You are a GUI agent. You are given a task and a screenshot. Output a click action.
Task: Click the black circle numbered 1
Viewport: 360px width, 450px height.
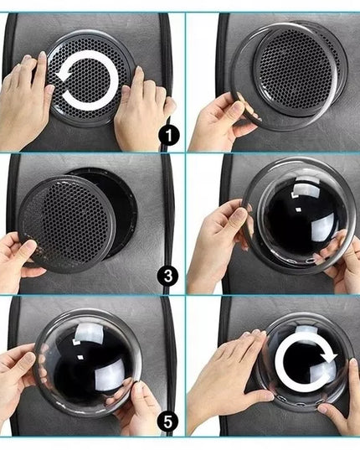click(x=168, y=135)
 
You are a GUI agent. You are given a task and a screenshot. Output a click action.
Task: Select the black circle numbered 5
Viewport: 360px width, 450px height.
click(x=168, y=422)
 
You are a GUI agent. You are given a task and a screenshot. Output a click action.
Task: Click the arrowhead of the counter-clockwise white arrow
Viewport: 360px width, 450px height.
click(x=63, y=76)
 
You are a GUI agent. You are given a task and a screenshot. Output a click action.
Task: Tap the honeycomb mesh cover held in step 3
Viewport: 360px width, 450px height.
click(x=67, y=224)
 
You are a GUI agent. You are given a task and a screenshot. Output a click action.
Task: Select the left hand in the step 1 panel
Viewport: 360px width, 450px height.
click(x=24, y=97)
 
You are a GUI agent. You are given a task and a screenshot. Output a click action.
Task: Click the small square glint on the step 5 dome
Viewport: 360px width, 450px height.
click(x=81, y=357)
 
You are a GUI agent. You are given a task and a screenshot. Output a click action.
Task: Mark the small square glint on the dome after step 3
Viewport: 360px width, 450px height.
click(x=298, y=209)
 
